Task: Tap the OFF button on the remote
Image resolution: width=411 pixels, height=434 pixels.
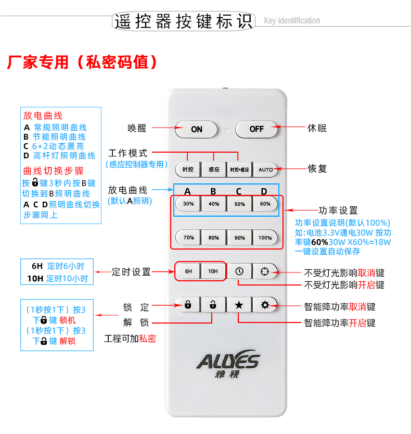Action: [x=256, y=129]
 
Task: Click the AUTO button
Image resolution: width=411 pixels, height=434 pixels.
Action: [x=265, y=170]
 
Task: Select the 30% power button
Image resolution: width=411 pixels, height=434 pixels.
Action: [x=188, y=204]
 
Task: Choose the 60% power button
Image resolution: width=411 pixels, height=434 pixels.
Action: [x=265, y=204]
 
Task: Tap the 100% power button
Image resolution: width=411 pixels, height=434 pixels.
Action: [x=265, y=238]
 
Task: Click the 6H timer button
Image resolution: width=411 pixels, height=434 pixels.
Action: [x=188, y=271]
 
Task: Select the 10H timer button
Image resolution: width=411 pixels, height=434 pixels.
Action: [x=213, y=271]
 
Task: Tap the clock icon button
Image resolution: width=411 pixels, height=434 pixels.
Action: [x=239, y=271]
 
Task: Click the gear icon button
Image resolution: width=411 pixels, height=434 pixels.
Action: [x=265, y=305]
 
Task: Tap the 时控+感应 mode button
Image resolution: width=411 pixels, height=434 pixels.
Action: [x=239, y=170]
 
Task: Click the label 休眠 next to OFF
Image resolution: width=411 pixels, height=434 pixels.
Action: [x=317, y=128]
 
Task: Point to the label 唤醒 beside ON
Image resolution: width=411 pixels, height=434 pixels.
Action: [x=137, y=128]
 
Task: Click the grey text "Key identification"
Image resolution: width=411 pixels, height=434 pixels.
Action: [x=292, y=20]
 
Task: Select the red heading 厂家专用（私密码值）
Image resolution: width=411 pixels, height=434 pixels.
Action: [x=82, y=62]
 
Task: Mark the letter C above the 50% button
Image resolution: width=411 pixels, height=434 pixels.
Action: [x=238, y=191]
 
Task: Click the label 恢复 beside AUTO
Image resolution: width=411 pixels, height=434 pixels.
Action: [x=317, y=169]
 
